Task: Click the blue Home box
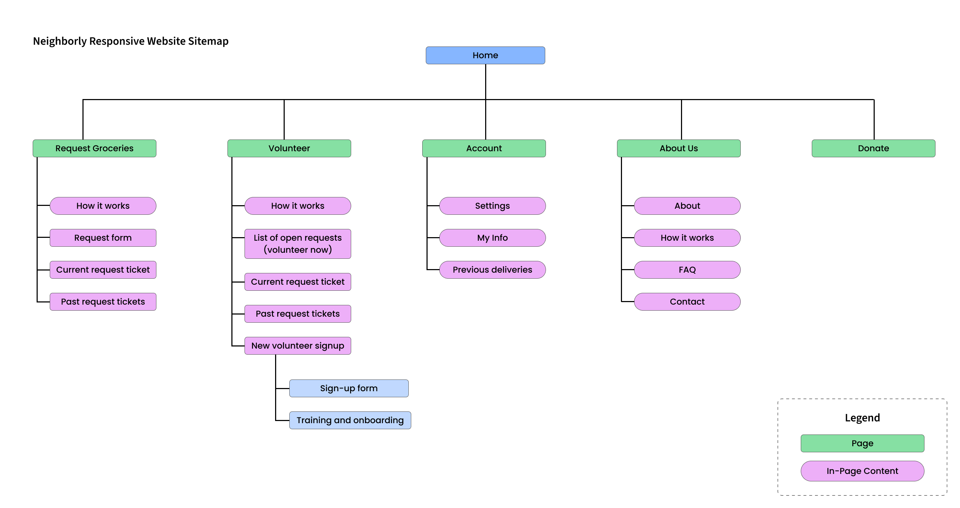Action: (x=485, y=55)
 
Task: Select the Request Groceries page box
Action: (x=94, y=148)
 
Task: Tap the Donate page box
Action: (x=873, y=148)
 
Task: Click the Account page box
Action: (x=484, y=148)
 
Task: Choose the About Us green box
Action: (x=678, y=148)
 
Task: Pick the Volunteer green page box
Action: (x=289, y=148)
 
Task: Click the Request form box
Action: (x=103, y=237)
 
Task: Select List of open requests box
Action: (x=297, y=244)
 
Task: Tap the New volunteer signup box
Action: (x=297, y=345)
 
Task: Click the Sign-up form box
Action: (x=348, y=388)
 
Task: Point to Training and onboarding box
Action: (x=350, y=420)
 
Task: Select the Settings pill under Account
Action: (x=492, y=206)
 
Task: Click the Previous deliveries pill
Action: (x=492, y=269)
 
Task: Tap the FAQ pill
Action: (x=687, y=269)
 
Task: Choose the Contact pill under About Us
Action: (x=687, y=301)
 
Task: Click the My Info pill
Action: (x=492, y=237)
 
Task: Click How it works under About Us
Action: (x=687, y=237)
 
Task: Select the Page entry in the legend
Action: (x=862, y=443)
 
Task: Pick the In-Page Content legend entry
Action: (x=862, y=471)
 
